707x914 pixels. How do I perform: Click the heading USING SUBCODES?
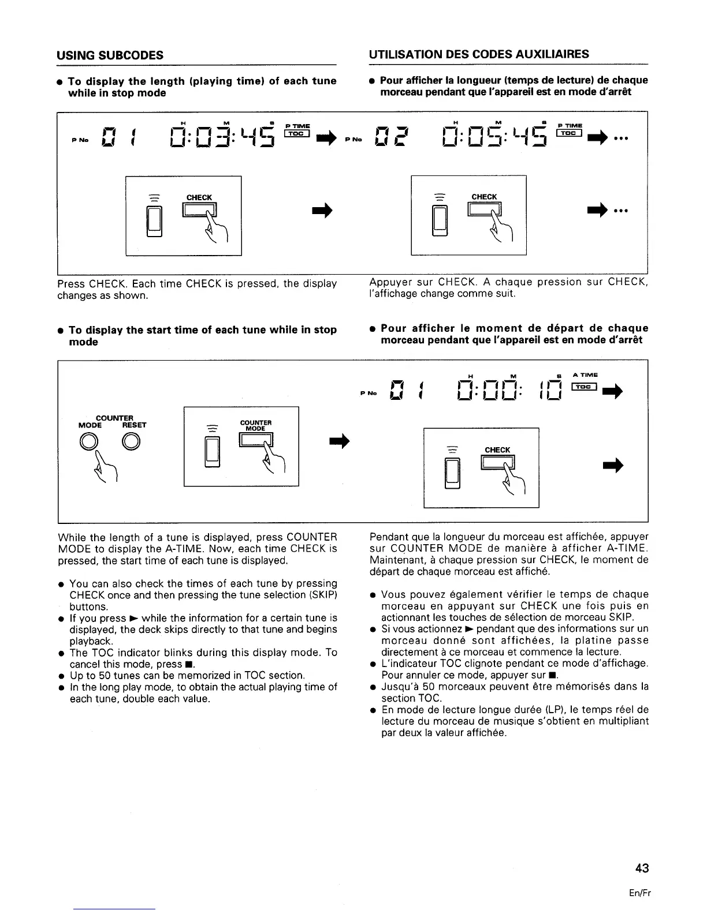(110, 55)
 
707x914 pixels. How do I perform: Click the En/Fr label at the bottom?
(641, 893)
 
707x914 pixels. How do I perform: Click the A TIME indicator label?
(586, 375)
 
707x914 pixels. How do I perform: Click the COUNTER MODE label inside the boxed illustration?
(254, 425)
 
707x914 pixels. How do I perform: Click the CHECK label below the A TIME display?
(497, 450)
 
